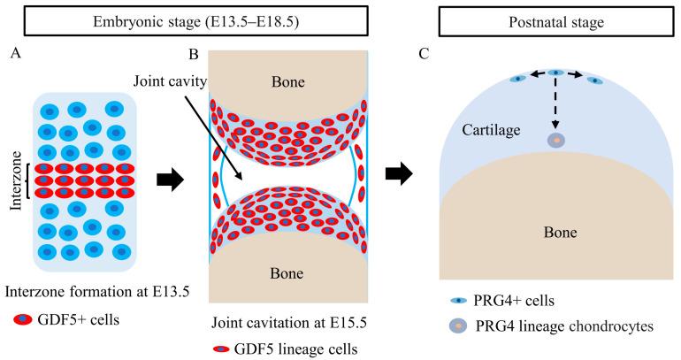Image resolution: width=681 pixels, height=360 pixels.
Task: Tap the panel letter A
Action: [12, 53]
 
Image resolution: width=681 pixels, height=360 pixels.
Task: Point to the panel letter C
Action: [424, 53]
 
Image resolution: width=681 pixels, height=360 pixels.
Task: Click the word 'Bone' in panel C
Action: [557, 232]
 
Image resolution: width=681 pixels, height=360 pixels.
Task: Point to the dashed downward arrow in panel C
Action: [555, 104]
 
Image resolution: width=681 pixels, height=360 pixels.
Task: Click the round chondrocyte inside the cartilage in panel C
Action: [555, 141]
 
